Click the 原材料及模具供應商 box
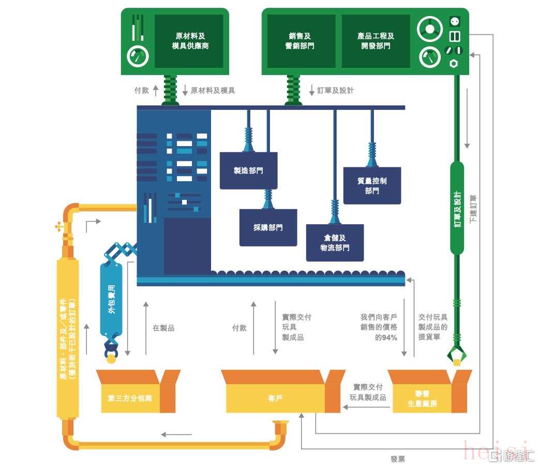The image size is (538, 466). (190, 41)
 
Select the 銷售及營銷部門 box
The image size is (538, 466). (300, 41)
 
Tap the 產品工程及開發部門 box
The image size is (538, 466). (376, 41)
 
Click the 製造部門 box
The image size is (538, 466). (248, 170)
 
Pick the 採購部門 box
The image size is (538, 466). (268, 227)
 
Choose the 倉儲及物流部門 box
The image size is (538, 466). (335, 243)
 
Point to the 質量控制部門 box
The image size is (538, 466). (372, 185)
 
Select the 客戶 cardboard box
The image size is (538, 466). (275, 398)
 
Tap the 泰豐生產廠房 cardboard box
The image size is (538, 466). (422, 398)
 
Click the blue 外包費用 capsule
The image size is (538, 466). (111, 299)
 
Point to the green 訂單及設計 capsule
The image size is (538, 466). (457, 208)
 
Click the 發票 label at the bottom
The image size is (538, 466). (398, 459)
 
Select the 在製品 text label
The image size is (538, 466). (163, 328)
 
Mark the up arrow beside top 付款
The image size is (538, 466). (156, 90)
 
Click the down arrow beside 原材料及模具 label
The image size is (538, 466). (185, 90)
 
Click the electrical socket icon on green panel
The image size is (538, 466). (455, 21)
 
